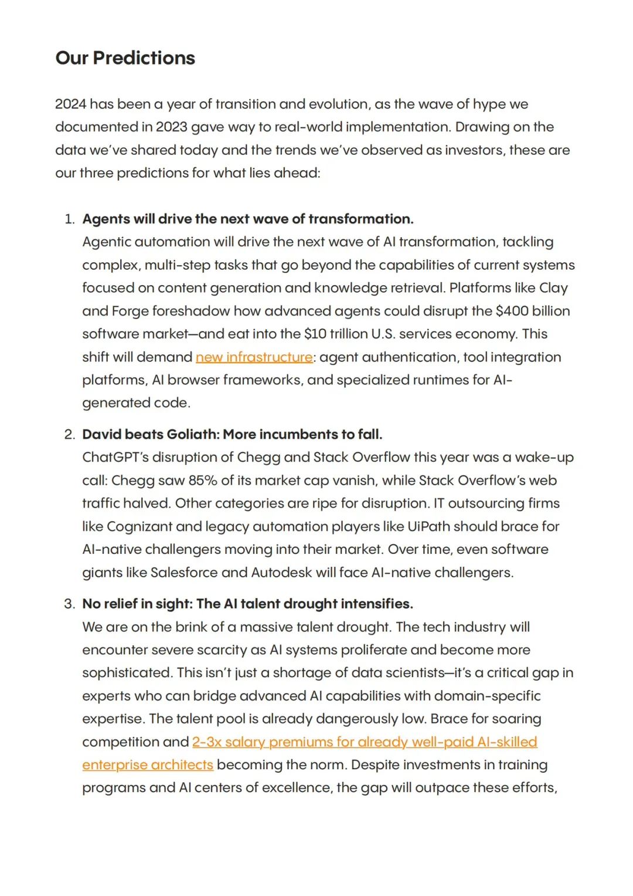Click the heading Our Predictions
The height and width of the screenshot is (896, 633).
click(125, 58)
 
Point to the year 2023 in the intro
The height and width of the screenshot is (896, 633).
click(172, 127)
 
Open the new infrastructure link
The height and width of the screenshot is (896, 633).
click(254, 357)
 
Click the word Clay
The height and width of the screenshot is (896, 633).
click(553, 288)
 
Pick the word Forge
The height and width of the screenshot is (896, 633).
click(130, 311)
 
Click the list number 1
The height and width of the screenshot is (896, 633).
click(69, 219)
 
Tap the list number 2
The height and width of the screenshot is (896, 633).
click(69, 435)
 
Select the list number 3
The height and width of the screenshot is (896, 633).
click(69, 604)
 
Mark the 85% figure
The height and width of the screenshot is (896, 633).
click(203, 481)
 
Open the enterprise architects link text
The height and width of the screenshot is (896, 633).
click(148, 765)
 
